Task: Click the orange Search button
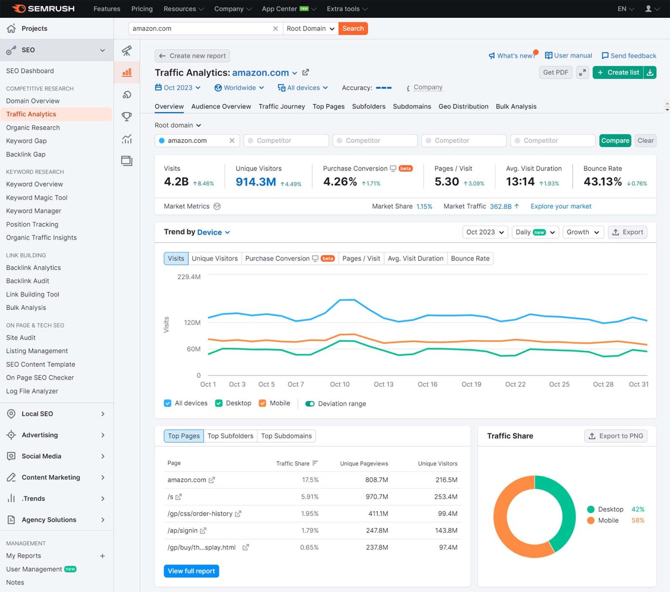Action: pos(353,28)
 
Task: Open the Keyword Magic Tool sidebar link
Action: pos(37,198)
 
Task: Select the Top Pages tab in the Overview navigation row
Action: pos(328,106)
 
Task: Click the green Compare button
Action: pos(615,140)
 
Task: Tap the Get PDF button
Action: pos(555,72)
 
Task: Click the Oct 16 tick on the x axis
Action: pos(427,384)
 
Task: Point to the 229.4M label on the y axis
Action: pos(189,277)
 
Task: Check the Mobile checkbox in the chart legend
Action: pos(263,403)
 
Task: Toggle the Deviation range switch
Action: pos(310,404)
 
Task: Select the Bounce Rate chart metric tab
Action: pos(470,258)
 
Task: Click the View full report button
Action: pos(191,571)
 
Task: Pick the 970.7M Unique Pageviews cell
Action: pos(377,496)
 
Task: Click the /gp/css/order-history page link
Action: pos(200,513)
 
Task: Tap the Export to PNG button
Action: pos(615,436)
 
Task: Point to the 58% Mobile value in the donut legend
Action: pos(638,520)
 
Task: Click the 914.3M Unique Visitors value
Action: pos(256,182)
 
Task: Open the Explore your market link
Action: pos(561,206)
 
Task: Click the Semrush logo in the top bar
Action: pos(44,9)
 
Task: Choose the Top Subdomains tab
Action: pos(286,436)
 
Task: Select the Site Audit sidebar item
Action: pos(21,338)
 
